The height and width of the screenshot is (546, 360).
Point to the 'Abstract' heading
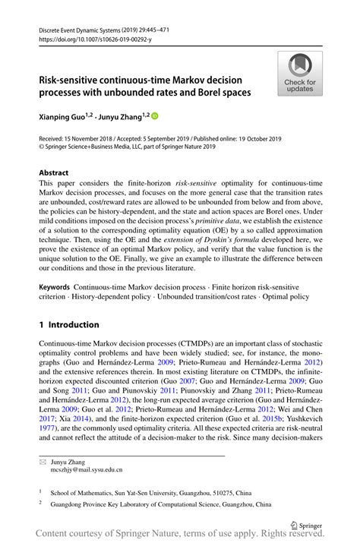(54, 173)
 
